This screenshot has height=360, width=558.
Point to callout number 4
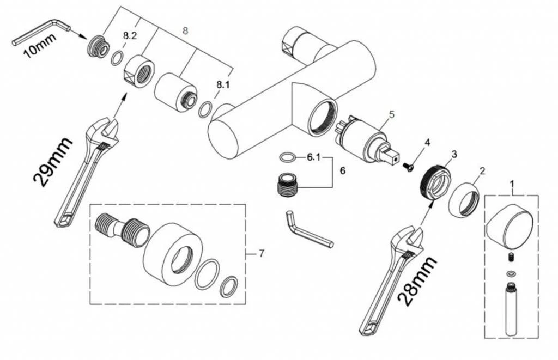click(x=427, y=143)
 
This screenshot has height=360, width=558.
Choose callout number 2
click(x=481, y=170)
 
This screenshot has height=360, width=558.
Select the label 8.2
click(x=130, y=36)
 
